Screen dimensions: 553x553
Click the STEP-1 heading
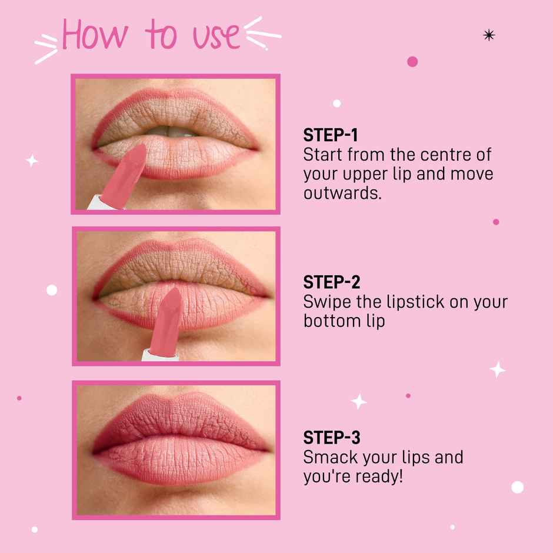coord(331,135)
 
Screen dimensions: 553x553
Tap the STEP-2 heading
coord(331,282)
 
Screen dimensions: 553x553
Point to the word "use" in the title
coord(216,36)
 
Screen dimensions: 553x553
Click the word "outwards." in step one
coord(342,193)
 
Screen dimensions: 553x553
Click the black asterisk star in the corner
coord(489,35)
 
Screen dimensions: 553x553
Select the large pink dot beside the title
coord(412,61)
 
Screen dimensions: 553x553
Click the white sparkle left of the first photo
coord(32,160)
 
